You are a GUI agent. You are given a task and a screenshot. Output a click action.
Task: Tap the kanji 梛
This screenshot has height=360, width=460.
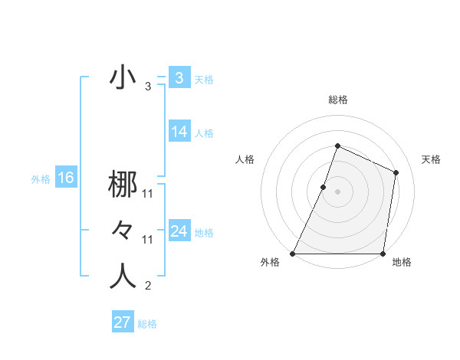[123, 185]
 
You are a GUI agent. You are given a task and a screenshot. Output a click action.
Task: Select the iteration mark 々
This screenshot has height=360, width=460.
[123, 231]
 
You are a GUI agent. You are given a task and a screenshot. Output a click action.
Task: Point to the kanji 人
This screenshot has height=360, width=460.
[123, 276]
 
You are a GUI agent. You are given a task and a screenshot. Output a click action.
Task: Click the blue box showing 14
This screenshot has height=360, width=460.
[179, 132]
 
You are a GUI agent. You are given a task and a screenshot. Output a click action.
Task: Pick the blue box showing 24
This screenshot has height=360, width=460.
[179, 231]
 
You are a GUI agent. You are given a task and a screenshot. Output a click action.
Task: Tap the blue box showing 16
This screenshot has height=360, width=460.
[65, 178]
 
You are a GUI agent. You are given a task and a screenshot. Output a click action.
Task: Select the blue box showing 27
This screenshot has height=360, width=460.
[122, 322]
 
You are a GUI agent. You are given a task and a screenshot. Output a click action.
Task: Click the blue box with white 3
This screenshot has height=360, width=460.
[179, 77]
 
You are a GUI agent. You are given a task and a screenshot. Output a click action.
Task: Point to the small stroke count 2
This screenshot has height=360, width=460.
[148, 286]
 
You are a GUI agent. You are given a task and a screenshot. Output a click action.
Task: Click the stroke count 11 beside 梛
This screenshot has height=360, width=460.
[148, 195]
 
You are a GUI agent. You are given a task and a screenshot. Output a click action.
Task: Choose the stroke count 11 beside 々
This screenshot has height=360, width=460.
[148, 240]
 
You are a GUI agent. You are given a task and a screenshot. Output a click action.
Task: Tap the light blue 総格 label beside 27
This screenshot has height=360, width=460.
[147, 324]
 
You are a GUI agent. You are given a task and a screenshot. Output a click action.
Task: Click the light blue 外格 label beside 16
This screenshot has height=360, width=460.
[41, 179]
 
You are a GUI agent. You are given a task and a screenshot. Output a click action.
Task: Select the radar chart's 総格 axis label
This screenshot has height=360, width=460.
[337, 100]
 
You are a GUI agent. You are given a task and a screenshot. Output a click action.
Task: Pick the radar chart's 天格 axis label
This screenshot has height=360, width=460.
[432, 159]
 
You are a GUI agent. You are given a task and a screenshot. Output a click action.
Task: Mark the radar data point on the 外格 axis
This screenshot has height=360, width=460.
[293, 254]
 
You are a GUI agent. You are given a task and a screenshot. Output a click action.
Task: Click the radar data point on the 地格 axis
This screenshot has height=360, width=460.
[383, 254]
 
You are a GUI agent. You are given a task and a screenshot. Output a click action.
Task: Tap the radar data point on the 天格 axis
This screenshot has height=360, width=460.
[396, 172]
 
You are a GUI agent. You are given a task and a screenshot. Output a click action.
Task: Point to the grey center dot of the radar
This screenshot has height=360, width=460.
[337, 191]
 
